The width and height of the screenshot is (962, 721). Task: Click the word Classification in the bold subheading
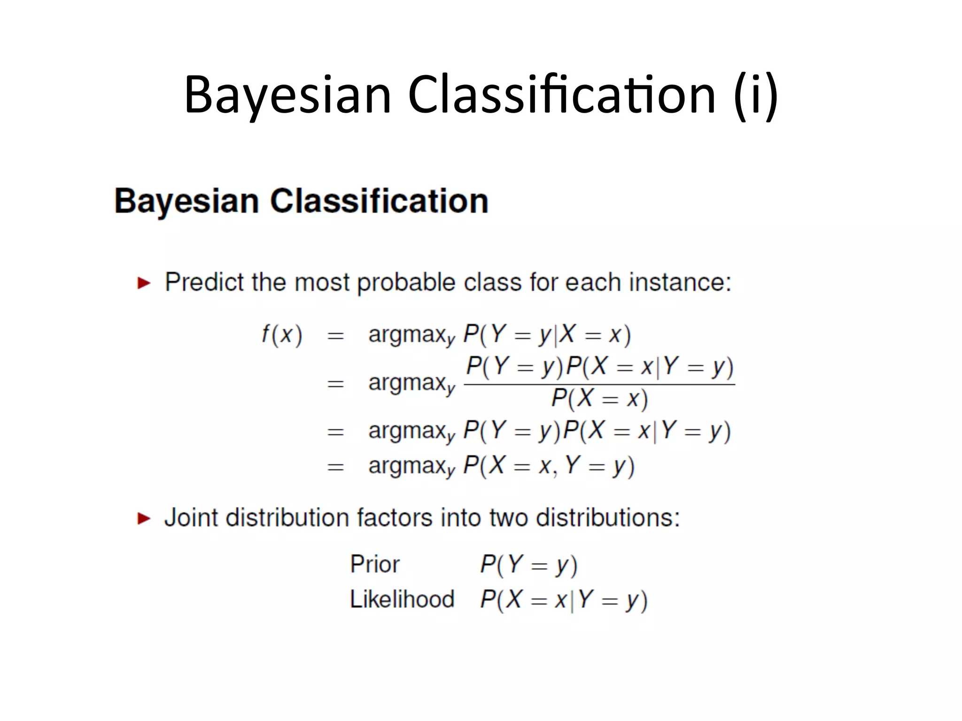click(379, 201)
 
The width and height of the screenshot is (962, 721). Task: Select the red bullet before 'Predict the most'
click(144, 283)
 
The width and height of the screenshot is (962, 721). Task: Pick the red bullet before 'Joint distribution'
click(144, 518)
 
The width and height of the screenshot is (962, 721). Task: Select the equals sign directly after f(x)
click(335, 336)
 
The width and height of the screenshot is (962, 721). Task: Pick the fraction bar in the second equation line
click(599, 385)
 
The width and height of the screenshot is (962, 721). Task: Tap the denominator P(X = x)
click(599, 399)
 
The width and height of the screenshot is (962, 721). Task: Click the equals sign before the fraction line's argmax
click(335, 384)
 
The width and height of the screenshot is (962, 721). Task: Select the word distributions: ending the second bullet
click(608, 518)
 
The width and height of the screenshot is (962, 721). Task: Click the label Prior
click(374, 564)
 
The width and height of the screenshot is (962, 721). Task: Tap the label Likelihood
click(402, 599)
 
